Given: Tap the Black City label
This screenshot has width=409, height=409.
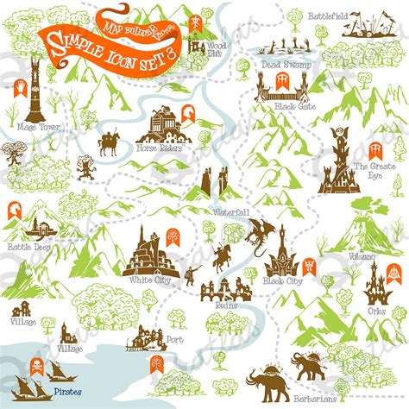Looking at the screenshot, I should (x=282, y=281).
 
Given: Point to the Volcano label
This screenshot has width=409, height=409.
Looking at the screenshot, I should (x=363, y=257).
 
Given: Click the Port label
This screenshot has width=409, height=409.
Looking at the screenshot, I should (x=176, y=339).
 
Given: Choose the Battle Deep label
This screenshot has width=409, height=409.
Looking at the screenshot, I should (x=24, y=246).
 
